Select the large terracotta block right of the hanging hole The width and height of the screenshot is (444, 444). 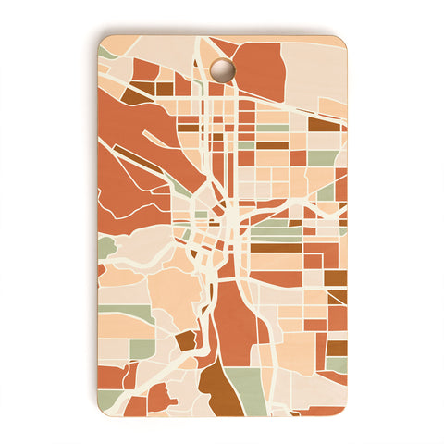(259, 71)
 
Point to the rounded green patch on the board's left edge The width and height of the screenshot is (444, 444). (105, 247)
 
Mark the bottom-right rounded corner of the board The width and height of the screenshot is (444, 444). (340, 407)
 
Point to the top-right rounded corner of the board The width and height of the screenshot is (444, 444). (340, 41)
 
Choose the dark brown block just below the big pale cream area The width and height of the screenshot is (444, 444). (324, 122)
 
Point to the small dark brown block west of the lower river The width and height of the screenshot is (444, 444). (186, 340)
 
